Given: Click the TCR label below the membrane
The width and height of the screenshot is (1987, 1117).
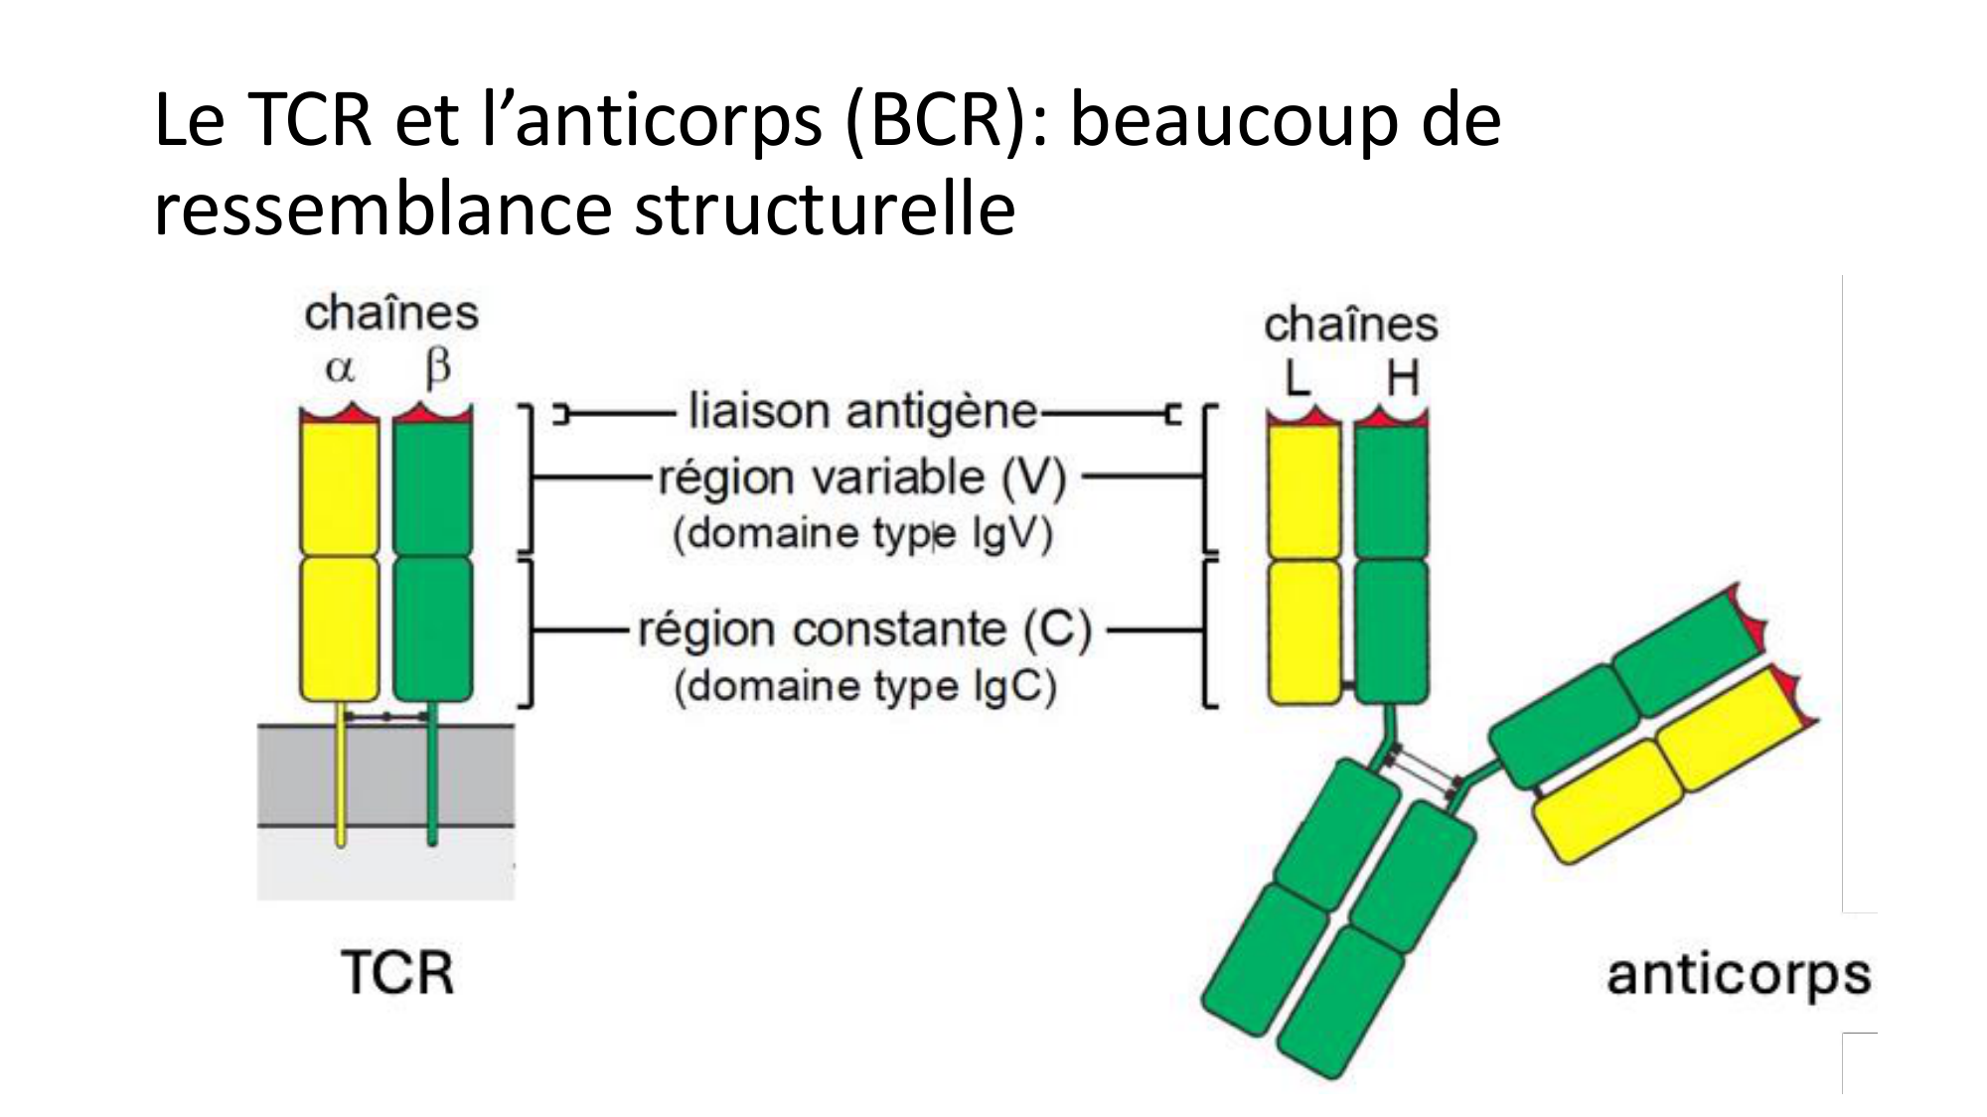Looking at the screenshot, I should click(x=397, y=972).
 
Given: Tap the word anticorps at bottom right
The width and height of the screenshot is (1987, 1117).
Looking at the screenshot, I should click(x=1739, y=974).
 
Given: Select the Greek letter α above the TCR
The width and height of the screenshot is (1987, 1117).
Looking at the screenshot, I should click(x=340, y=369).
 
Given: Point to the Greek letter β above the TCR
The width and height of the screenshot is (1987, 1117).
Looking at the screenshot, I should click(x=436, y=368).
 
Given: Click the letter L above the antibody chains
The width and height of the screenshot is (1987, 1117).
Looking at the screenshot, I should click(x=1298, y=378).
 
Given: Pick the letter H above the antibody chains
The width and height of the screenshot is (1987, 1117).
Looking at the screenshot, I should click(x=1401, y=378).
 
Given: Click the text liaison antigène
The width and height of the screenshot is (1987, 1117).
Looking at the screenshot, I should click(x=862, y=411).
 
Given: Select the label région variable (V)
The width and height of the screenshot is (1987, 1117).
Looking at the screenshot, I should click(x=860, y=478).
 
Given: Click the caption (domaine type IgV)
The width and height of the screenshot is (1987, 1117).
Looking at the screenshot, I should click(x=862, y=534).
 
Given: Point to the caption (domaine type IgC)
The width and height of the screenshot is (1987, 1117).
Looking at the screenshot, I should click(x=864, y=686).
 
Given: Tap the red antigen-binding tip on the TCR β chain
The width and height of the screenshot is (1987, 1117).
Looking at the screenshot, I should click(x=432, y=415).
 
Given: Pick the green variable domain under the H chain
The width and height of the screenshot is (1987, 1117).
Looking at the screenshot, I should click(x=1391, y=490).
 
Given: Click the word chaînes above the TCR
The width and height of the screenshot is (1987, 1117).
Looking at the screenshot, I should click(x=390, y=314).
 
